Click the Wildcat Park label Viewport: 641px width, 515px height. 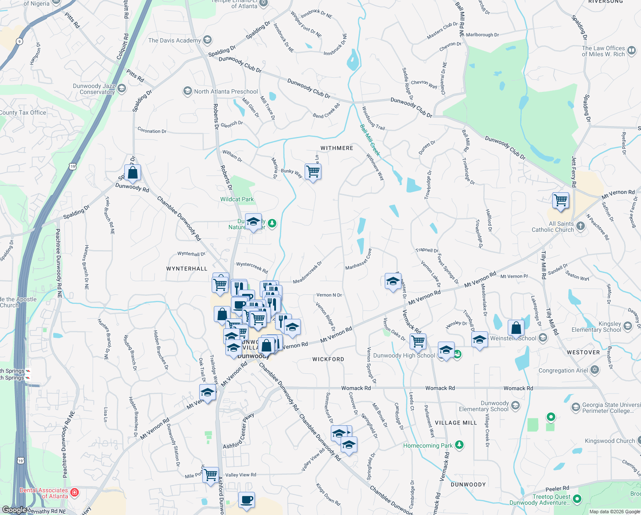click(237, 199)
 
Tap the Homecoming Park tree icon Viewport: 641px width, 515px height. click(459, 445)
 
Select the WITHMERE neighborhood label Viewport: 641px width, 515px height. click(337, 148)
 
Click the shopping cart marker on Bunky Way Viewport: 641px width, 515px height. click(313, 171)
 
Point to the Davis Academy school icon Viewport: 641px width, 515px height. click(207, 40)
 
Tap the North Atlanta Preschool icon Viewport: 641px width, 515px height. click(187, 91)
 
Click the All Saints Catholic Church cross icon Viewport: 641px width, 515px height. click(580, 226)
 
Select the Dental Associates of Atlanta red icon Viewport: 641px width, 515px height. click(75, 492)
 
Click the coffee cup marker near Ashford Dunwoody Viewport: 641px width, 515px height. click(246, 500)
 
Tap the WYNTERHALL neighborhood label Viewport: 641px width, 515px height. click(187, 269)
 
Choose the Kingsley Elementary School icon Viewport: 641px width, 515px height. click(628, 327)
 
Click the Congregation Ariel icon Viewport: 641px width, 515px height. click(594, 370)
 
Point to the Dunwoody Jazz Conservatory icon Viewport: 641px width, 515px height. click(122, 89)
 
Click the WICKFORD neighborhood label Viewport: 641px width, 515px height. click(328, 359)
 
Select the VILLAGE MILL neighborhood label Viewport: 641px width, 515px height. click(455, 423)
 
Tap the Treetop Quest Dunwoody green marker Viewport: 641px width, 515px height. click(577, 499)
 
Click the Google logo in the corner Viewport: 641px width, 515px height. click(14, 510)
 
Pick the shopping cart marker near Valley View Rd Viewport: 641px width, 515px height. click(210, 475)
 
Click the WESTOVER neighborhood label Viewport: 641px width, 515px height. click(583, 352)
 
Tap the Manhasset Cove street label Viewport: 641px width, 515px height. click(359, 259)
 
